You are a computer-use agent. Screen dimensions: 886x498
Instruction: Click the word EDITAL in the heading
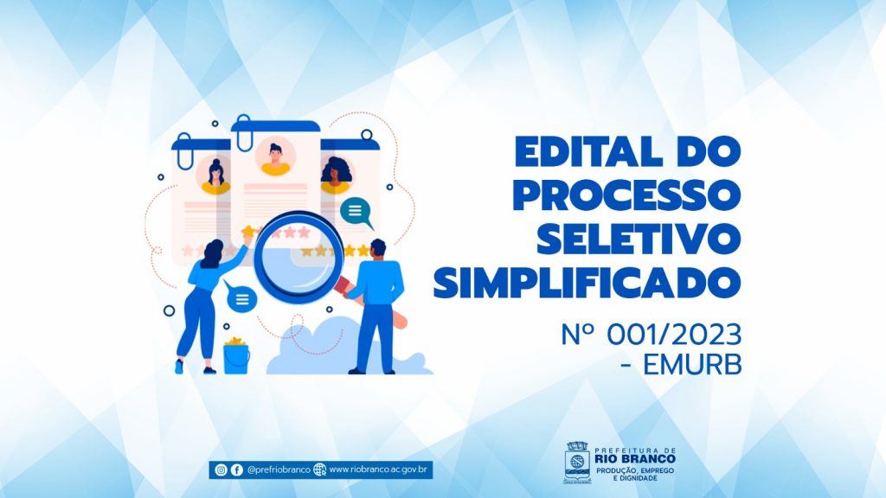588,151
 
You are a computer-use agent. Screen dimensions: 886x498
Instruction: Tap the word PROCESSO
626,195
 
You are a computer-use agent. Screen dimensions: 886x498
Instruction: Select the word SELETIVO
639,239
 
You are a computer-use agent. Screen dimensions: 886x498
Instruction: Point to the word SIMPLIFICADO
587,282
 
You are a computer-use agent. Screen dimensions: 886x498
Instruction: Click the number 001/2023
674,335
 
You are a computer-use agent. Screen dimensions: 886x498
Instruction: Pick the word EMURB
692,366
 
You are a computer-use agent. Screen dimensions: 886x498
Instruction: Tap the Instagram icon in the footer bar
221,469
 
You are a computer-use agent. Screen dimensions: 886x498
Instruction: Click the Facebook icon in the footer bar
237,469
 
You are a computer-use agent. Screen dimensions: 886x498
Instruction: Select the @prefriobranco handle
279,469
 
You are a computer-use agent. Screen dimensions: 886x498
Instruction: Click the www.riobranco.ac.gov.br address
378,469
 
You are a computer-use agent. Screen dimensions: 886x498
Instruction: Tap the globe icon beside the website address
320,469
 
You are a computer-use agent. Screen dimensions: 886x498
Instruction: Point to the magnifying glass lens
299,258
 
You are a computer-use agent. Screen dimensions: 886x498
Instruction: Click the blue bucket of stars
236,356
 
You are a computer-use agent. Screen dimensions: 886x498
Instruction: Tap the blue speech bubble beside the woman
241,297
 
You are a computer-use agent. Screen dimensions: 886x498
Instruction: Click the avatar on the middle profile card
276,157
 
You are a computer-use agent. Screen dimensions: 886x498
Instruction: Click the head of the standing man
377,248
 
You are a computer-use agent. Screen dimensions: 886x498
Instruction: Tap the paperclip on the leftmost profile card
185,151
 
